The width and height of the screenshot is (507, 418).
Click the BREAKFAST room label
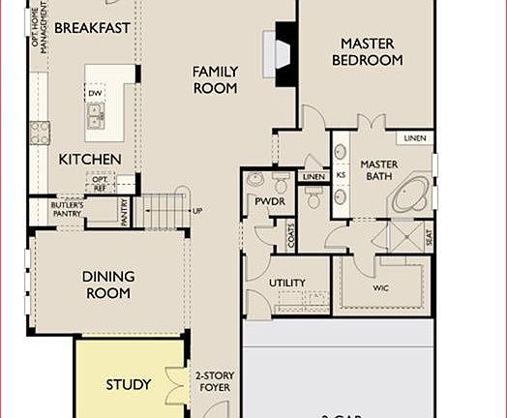pyautogui.click(x=92, y=28)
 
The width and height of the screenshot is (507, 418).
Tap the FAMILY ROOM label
pyautogui.click(x=215, y=79)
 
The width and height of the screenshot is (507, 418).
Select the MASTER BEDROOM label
pyautogui.click(x=367, y=51)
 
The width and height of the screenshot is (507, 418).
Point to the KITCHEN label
pyautogui.click(x=89, y=159)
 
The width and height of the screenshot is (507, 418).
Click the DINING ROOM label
pyautogui.click(x=108, y=284)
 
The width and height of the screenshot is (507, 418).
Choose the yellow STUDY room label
pyautogui.click(x=129, y=384)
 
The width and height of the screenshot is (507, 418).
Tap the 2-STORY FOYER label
pyautogui.click(x=213, y=383)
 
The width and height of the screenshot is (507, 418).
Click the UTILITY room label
pyautogui.click(x=286, y=284)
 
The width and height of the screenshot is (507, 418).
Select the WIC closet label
pyautogui.click(x=380, y=287)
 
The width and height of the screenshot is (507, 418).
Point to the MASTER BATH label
pyautogui.click(x=380, y=170)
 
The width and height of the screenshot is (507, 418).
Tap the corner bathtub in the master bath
pyautogui.click(x=411, y=194)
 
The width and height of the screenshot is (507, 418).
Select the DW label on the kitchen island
pyautogui.click(x=95, y=94)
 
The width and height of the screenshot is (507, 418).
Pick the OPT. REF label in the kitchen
pyautogui.click(x=99, y=183)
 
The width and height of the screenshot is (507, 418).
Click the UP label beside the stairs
pyautogui.click(x=197, y=211)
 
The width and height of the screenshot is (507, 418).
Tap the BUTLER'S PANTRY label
pyautogui.click(x=68, y=210)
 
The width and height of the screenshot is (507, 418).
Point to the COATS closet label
pyautogui.click(x=290, y=232)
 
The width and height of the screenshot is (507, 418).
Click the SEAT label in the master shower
pyautogui.click(x=430, y=236)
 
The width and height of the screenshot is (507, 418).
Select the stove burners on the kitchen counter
pyautogui.click(x=39, y=132)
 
